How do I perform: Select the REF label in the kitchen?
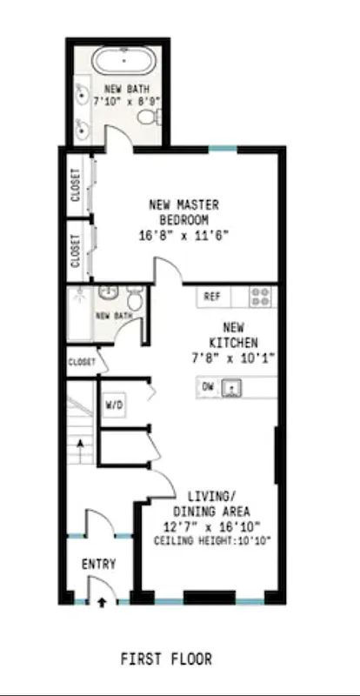click(x=212, y=297)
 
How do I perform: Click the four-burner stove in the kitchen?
click(x=260, y=297)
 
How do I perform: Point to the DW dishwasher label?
click(x=207, y=385)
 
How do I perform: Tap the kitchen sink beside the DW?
click(x=233, y=386)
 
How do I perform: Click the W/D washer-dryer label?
click(x=114, y=405)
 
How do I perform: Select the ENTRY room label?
click(x=98, y=564)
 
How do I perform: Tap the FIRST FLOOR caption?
click(x=166, y=659)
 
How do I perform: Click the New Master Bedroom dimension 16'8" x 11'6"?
click(x=183, y=235)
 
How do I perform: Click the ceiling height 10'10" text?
click(x=213, y=541)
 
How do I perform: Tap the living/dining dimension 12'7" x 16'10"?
click(x=213, y=526)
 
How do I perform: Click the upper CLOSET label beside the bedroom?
click(x=76, y=184)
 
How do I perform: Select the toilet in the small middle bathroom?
click(x=135, y=298)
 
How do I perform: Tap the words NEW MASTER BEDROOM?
click(x=183, y=211)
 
